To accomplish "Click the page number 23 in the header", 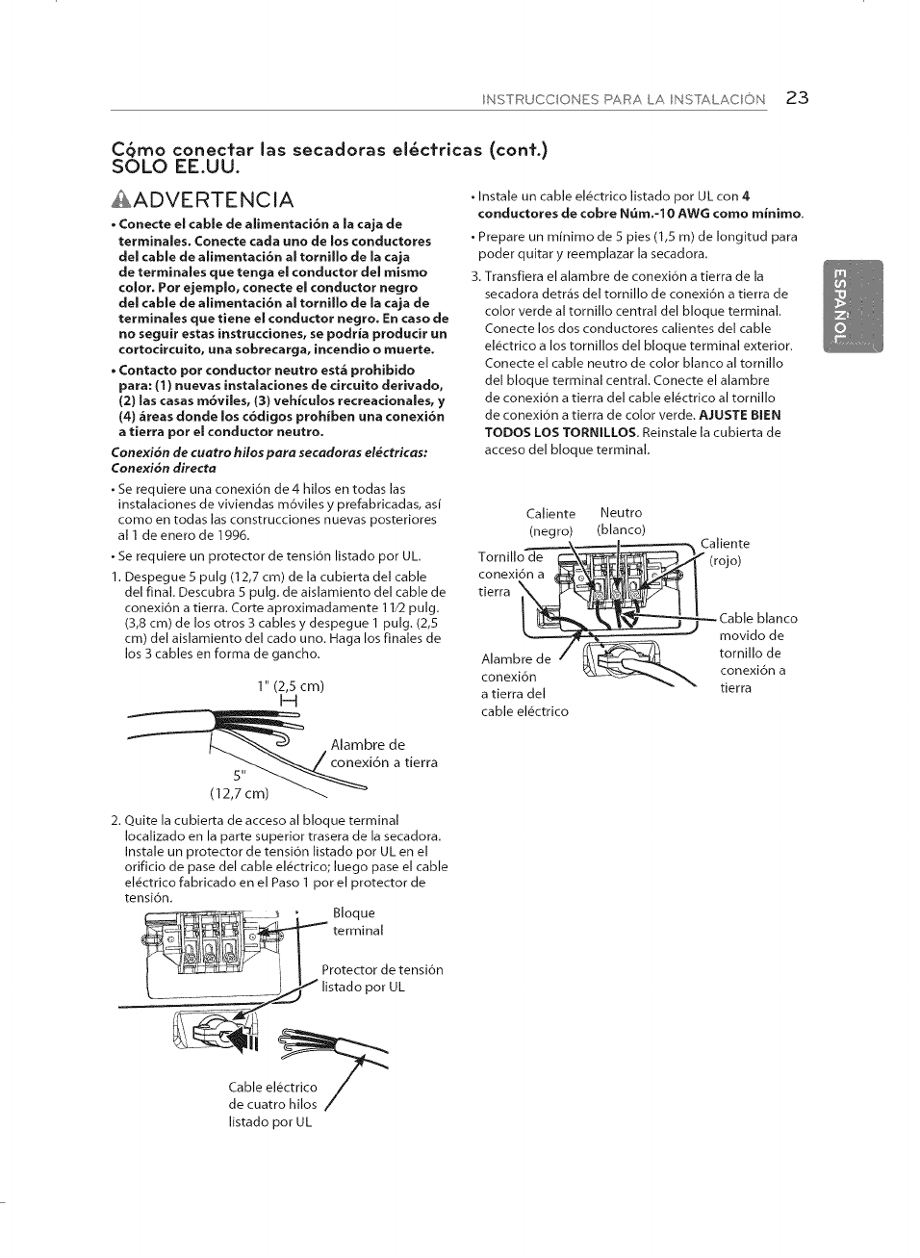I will click(797, 97).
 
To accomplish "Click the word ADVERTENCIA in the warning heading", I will click(217, 199).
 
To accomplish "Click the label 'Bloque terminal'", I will click(357, 921).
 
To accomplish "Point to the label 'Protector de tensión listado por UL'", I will click(381, 978).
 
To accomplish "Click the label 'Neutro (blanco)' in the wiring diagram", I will click(621, 522).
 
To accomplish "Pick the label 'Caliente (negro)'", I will click(550, 523).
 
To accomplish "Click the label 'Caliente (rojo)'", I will click(725, 552).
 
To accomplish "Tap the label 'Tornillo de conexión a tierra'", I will click(510, 575).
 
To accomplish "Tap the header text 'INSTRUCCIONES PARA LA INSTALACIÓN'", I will click(624, 99).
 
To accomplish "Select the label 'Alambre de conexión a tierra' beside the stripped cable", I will click(383, 753).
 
